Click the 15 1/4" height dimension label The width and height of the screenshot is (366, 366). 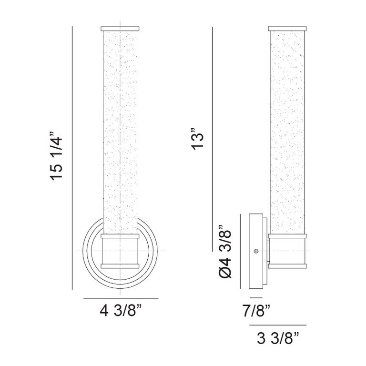[56, 156]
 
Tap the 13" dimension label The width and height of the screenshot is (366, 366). [197, 138]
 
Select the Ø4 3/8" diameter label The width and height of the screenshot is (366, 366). [225, 252]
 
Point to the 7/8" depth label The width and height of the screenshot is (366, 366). [256, 311]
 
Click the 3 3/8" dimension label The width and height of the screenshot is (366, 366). [278, 338]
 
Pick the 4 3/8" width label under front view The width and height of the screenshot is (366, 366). [121, 310]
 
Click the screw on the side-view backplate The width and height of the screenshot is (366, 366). [256, 251]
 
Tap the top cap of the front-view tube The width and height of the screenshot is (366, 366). [120, 29]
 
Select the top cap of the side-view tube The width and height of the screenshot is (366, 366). [287, 29]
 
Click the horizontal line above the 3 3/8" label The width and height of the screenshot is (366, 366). [278, 325]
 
